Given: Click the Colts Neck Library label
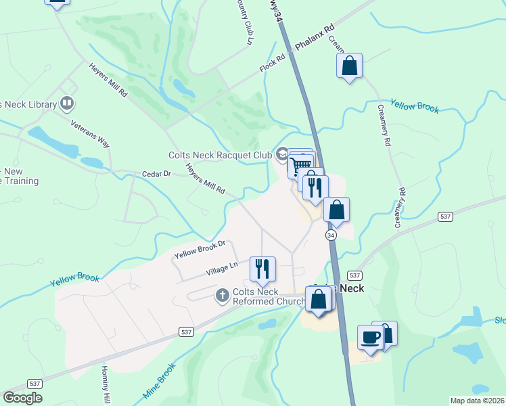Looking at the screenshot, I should coord(27,104).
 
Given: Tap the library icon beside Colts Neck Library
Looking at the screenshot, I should coord(67,104).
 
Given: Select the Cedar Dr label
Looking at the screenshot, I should coord(157,174).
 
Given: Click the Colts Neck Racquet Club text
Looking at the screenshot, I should coord(219,155).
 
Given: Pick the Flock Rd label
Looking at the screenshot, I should coord(273,65).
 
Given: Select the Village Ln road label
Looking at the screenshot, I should coord(222,269).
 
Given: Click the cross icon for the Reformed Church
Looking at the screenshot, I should coord(222,295).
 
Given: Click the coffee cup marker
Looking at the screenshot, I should coord(370,337).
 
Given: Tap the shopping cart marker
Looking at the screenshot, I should coord(300,164).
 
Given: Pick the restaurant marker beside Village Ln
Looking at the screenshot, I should coord(262,269).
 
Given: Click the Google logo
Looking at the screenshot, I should coord(22,398).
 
